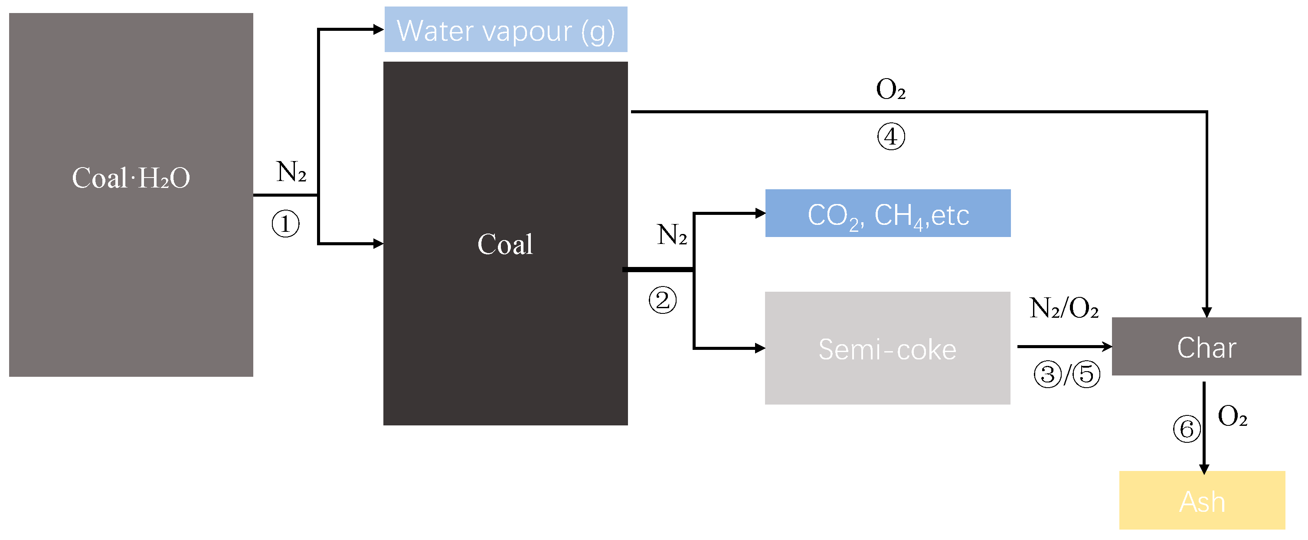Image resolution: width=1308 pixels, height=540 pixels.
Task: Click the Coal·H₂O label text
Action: coord(131,178)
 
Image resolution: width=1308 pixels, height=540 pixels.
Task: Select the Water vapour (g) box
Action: coord(506,30)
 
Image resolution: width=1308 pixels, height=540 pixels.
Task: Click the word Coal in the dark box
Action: coord(505,244)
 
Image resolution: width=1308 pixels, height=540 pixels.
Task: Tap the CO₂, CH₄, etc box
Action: coord(888,214)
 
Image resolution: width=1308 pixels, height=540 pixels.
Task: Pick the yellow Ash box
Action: coord(1202,501)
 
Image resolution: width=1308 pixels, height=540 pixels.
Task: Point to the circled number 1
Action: coord(285,224)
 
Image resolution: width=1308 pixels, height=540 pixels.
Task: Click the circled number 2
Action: coord(663,300)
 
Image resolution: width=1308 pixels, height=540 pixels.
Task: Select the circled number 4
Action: coord(891,137)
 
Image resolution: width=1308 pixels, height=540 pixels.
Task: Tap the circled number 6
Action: coord(1187,429)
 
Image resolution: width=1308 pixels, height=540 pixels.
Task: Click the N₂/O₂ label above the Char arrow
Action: coord(1064,308)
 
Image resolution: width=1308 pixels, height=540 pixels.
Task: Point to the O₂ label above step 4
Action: coord(891,90)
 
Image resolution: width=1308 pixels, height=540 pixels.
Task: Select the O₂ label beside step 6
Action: coord(1233,417)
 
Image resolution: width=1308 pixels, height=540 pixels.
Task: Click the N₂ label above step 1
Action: coord(291,172)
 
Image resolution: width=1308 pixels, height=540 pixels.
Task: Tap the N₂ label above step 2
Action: coord(672,235)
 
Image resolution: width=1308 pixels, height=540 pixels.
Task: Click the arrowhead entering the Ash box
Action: coord(1204,469)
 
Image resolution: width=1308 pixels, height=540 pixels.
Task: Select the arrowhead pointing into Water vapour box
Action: coord(378,30)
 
